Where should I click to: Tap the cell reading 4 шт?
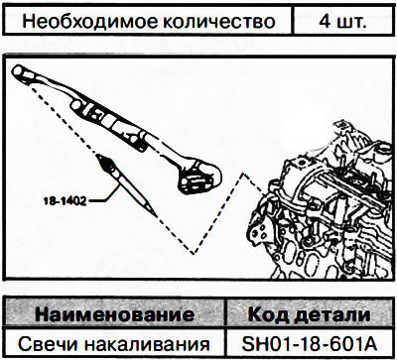(x=343, y=22)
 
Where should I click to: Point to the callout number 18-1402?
(x=65, y=201)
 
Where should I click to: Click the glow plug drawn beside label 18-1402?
(x=127, y=185)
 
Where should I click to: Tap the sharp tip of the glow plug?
(x=157, y=217)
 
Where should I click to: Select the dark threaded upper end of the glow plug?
(x=105, y=163)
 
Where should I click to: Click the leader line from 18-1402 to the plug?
(x=106, y=196)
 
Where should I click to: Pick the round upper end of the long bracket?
(x=21, y=71)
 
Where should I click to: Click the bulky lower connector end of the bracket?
(x=199, y=176)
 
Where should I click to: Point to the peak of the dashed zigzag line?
(x=243, y=174)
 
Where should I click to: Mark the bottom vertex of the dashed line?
(x=194, y=254)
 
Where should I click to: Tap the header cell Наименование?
(x=114, y=314)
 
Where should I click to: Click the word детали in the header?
(x=331, y=315)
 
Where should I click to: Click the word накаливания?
(x=142, y=345)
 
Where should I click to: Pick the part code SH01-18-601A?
(x=310, y=344)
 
